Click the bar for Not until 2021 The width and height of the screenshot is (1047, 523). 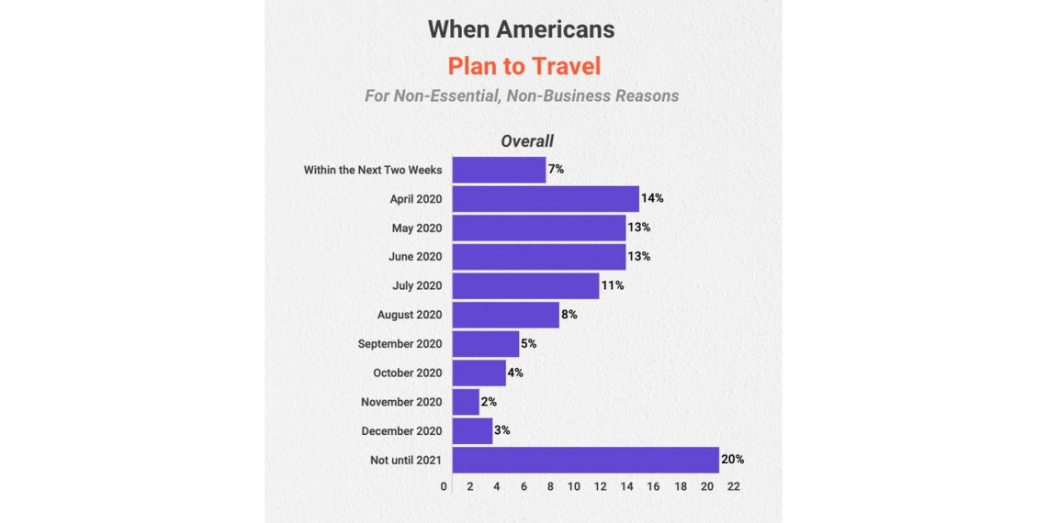[585, 460]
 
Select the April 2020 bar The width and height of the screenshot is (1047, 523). [546, 199]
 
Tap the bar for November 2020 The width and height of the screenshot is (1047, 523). [466, 402]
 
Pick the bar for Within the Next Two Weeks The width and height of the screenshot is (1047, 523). [499, 170]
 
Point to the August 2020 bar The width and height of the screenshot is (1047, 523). [505, 315]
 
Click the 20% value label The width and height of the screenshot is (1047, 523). [732, 460]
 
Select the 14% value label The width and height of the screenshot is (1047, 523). [652, 198]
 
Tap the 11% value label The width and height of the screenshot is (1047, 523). [613, 285]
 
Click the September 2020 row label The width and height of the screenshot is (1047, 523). [400, 344]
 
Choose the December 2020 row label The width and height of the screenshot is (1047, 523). [401, 431]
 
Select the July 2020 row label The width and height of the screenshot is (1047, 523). [417, 285]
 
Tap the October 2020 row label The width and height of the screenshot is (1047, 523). [407, 373]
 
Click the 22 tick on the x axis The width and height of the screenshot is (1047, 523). [733, 486]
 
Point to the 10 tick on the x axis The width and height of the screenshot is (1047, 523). [574, 486]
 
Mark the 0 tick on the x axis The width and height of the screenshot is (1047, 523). [445, 486]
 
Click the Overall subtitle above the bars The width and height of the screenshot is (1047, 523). [527, 141]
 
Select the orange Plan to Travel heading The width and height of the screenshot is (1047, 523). [523, 66]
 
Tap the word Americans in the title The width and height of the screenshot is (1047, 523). [556, 28]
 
